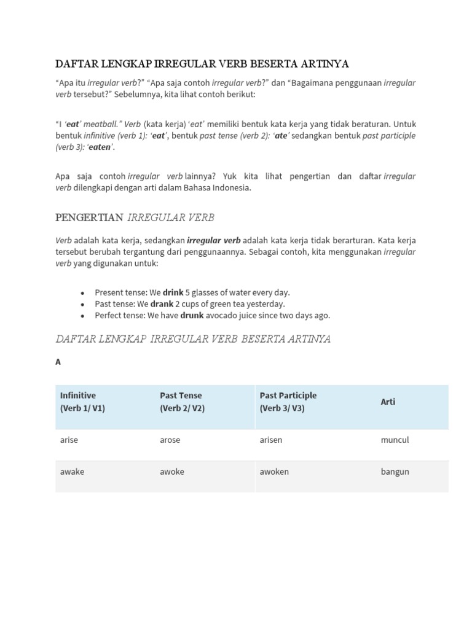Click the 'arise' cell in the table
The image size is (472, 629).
(69, 440)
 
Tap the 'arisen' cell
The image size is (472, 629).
(271, 440)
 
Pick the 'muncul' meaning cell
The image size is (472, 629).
(395, 440)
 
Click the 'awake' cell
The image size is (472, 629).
(72, 472)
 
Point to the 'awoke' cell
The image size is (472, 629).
(172, 472)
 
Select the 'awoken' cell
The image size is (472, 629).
(274, 472)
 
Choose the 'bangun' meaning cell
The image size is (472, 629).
(395, 472)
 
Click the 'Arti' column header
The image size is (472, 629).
(388, 402)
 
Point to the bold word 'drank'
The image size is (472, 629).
(162, 304)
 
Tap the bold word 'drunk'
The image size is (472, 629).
(192, 316)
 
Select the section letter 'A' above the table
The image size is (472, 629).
(58, 362)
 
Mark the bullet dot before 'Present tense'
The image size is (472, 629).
(82, 293)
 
